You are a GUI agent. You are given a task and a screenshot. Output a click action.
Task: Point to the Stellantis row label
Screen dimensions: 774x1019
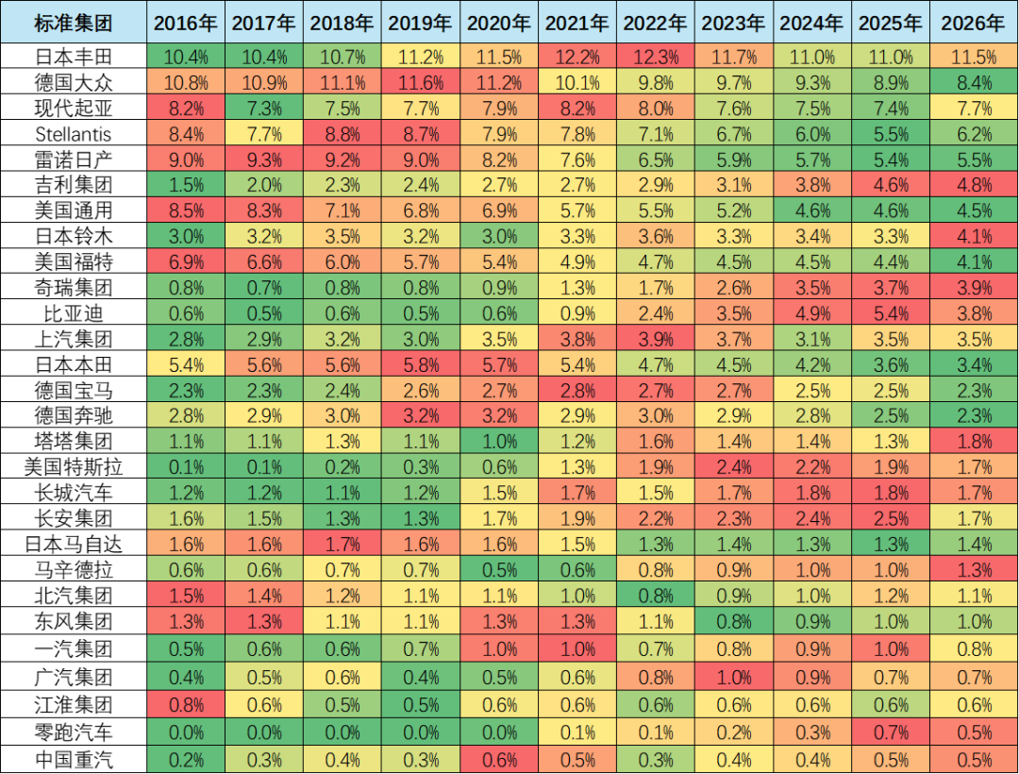[x=74, y=134]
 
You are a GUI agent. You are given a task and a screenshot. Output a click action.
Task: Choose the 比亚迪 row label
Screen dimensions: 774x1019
[x=74, y=313]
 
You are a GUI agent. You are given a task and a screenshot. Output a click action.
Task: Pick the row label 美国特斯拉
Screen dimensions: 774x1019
[x=74, y=466]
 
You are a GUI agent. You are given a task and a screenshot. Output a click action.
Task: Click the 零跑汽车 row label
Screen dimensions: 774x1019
[x=74, y=732]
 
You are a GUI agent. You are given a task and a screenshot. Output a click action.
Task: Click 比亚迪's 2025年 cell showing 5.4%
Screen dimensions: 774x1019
[x=893, y=313]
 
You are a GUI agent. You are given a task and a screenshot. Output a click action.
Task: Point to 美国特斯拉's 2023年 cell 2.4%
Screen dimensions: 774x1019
[x=735, y=466]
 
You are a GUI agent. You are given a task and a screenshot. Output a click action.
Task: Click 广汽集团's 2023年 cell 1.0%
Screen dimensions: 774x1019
[x=735, y=679]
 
